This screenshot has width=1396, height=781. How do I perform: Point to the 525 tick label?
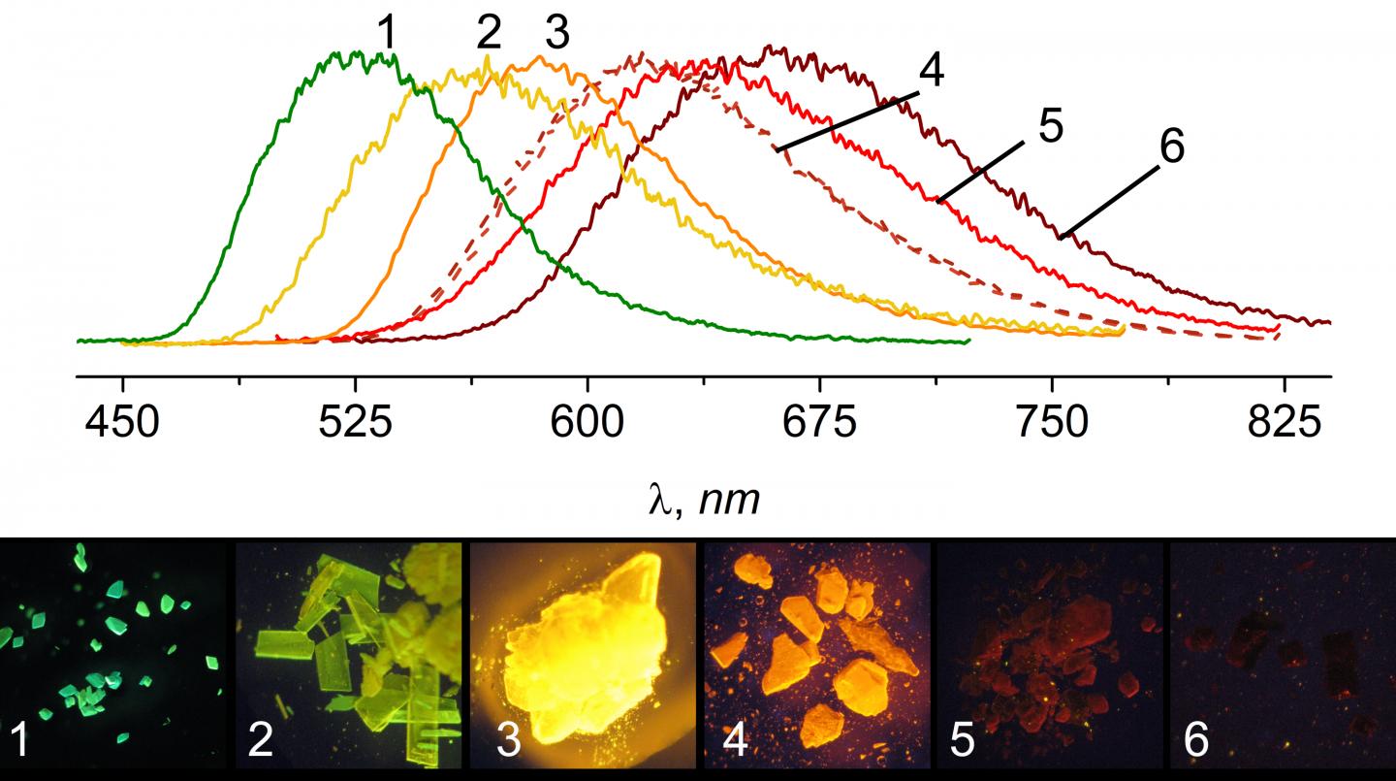tap(354, 424)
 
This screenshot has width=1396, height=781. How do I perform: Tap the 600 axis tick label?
tap(587, 424)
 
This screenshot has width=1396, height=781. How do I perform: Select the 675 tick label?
tap(820, 424)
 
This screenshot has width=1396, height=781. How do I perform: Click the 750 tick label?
tap(1052, 424)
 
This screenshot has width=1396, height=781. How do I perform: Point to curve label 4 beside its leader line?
tap(932, 73)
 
